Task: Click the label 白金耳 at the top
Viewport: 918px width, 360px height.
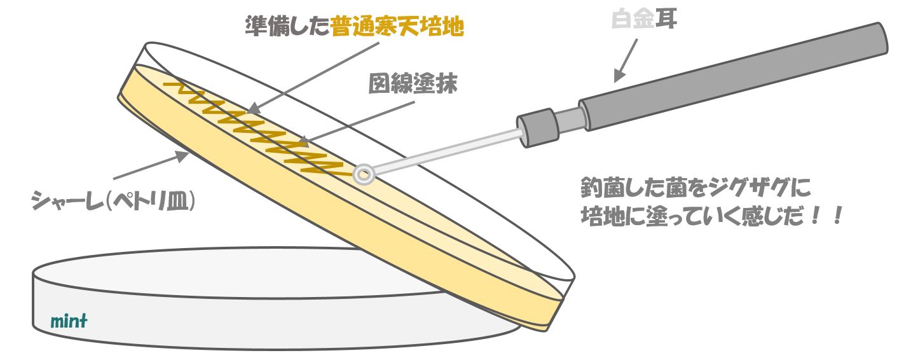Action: click(644, 21)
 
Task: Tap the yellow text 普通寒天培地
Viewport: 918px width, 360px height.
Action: click(397, 27)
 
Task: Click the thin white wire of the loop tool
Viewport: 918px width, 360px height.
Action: click(445, 151)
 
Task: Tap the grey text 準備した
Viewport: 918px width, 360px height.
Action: click(287, 27)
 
